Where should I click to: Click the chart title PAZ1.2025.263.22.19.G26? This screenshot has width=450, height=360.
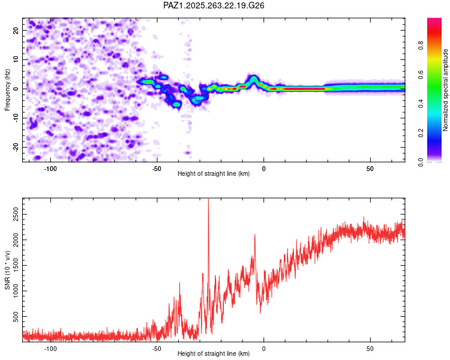[x=214, y=5]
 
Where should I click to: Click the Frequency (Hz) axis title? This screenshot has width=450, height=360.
[x=7, y=89]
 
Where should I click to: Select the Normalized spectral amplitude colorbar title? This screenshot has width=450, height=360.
[x=445, y=90]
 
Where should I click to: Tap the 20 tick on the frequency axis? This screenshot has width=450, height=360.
[x=16, y=30]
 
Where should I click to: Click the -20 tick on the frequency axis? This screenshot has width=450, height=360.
[x=14, y=148]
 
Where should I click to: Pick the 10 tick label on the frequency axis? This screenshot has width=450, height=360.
[x=16, y=59]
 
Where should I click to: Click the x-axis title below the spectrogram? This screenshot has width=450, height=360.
[x=214, y=174]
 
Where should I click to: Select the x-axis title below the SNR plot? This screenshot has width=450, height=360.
[x=214, y=354]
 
